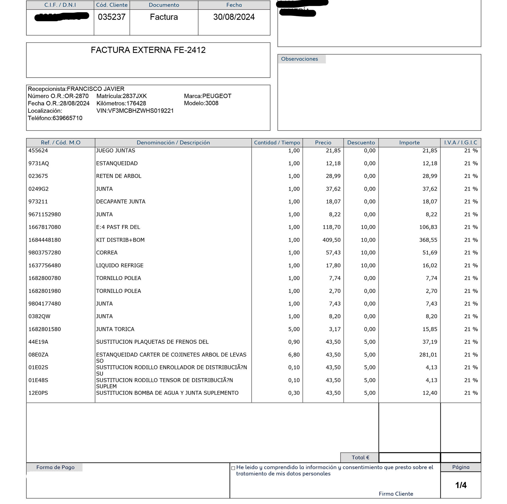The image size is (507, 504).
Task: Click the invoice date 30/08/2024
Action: [234, 17]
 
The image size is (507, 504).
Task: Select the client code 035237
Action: [112, 17]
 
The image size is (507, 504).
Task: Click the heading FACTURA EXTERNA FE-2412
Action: [148, 50]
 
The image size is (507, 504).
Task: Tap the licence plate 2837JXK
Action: [135, 96]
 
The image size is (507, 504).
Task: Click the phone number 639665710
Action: [67, 118]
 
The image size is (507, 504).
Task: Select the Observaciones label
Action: [299, 59]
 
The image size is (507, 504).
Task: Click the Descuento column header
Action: [361, 143]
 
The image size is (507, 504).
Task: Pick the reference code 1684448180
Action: [45, 240]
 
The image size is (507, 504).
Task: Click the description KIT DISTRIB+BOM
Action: [120, 240]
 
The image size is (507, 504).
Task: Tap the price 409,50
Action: [331, 240]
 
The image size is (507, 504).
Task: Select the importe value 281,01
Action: [428, 355]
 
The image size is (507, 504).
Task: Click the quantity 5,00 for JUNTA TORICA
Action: [294, 329]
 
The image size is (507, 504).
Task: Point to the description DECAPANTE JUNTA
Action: [121, 202]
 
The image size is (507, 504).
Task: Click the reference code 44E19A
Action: [38, 342]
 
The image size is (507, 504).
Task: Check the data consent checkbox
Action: [233, 468]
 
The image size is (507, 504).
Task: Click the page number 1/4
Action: [461, 485]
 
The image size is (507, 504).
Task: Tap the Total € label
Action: [360, 458]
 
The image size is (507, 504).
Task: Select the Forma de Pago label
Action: [55, 467]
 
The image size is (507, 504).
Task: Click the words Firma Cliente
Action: [396, 494]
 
